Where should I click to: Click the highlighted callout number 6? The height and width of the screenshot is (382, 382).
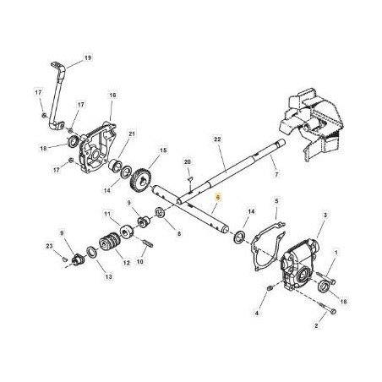point(217,198)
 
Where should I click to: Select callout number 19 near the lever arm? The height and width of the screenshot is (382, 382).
point(88,58)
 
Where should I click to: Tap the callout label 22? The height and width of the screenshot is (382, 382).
point(217,139)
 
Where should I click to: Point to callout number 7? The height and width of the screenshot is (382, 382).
point(276,174)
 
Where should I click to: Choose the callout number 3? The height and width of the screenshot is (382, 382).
point(325,216)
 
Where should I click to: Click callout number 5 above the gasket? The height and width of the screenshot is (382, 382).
point(276,201)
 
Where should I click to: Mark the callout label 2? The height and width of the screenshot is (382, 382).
point(316,326)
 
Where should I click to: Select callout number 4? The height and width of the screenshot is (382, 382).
point(257,313)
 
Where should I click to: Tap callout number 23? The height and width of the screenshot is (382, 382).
point(49,246)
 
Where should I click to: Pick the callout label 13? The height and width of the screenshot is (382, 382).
point(109,277)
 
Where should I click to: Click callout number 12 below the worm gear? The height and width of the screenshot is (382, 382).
point(127,263)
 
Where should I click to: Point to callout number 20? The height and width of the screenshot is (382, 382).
point(188,162)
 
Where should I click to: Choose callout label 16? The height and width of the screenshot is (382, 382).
point(112,95)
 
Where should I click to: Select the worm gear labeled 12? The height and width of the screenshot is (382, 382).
point(110,243)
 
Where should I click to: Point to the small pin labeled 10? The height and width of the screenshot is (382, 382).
point(148,243)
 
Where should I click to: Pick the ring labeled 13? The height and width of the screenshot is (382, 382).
point(91,251)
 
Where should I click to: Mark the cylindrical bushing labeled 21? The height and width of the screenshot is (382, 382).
point(115,165)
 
